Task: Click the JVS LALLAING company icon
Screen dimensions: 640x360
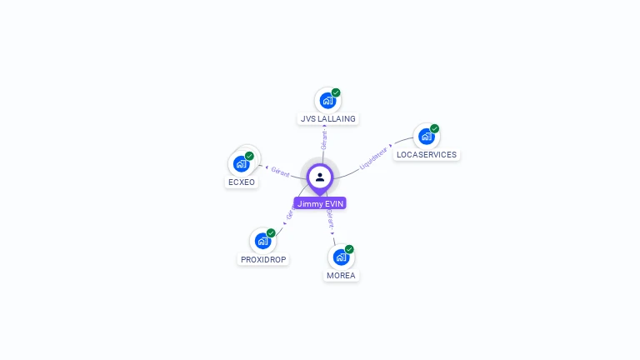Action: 327,101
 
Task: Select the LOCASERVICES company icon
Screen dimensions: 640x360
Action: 427,137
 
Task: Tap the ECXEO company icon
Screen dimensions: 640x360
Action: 241,163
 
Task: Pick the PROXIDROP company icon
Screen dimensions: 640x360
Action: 262,242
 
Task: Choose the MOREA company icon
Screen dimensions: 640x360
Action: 340,257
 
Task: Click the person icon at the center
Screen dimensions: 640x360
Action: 320,177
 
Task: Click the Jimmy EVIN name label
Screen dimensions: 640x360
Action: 320,203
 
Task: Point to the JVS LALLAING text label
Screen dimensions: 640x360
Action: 327,119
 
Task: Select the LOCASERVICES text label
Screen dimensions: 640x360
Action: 427,155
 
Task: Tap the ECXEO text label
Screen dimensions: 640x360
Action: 242,182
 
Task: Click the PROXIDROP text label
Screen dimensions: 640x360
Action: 263,260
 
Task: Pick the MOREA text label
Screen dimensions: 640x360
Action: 341,276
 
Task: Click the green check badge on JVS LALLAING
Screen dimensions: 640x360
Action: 336,92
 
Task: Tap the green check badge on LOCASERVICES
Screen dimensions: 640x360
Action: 434,129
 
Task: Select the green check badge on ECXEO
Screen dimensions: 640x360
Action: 249,156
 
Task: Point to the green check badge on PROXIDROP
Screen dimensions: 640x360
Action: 271,233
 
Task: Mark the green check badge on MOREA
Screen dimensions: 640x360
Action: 349,249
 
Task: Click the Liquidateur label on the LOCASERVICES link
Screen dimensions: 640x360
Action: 373,158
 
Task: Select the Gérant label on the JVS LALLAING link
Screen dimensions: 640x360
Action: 324,139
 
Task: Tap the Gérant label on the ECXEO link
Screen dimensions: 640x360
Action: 280,172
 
